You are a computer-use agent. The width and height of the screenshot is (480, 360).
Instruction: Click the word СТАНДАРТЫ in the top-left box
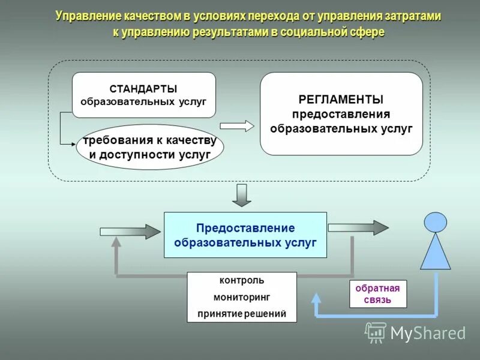click(x=143, y=89)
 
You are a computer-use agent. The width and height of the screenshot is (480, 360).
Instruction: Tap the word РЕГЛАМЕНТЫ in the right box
click(x=341, y=100)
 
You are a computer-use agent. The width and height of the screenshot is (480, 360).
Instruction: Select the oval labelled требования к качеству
click(x=149, y=147)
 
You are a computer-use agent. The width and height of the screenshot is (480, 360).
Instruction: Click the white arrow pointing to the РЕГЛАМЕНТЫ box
click(x=237, y=126)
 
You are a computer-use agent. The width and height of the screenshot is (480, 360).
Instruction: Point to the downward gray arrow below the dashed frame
click(x=242, y=195)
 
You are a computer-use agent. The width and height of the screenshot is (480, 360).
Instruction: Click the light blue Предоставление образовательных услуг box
click(x=245, y=235)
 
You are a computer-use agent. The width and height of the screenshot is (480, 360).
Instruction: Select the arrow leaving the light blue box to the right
click(x=358, y=227)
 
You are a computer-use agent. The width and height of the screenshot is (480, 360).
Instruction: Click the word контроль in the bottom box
click(x=241, y=280)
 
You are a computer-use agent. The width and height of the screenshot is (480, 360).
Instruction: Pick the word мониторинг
click(x=241, y=297)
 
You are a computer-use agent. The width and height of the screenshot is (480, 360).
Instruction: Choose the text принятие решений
click(x=241, y=313)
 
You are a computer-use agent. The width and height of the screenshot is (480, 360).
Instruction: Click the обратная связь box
click(x=378, y=294)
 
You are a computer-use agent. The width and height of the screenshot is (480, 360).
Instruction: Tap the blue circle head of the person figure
click(x=436, y=222)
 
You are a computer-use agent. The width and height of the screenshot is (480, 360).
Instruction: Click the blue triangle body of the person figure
click(x=436, y=252)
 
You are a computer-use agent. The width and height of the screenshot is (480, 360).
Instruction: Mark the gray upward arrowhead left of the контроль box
click(x=116, y=243)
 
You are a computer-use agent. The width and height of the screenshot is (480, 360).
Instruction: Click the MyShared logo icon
click(x=376, y=332)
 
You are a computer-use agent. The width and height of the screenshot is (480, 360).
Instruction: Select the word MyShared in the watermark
click(x=428, y=333)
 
